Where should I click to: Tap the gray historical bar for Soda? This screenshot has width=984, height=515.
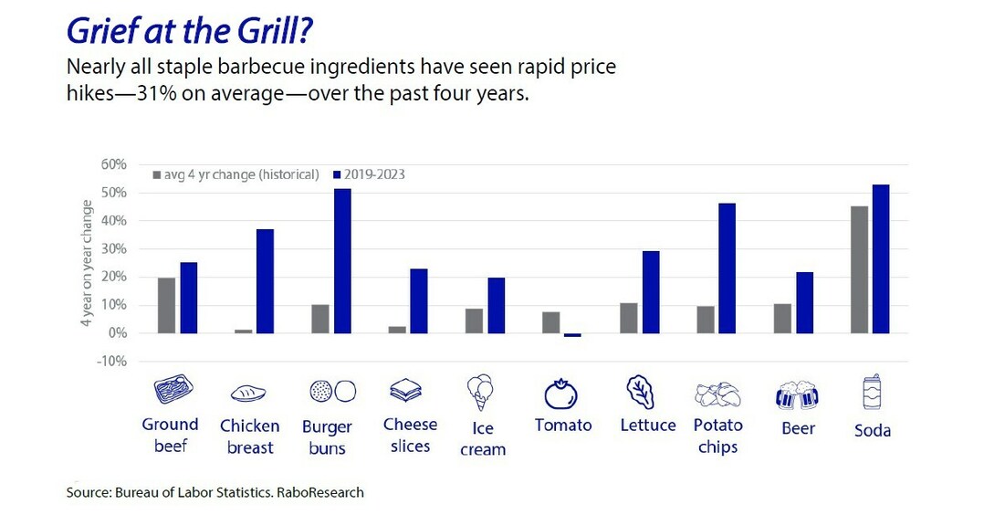click(x=859, y=269)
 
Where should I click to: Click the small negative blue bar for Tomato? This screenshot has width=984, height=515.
click(x=572, y=335)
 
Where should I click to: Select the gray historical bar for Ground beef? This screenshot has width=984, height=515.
click(x=167, y=305)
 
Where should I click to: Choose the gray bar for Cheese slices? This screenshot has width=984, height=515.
click(x=396, y=330)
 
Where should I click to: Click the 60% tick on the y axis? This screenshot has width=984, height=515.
click(x=114, y=164)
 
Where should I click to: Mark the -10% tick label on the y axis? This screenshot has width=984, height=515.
click(x=112, y=362)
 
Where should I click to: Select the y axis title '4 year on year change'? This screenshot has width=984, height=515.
click(x=88, y=262)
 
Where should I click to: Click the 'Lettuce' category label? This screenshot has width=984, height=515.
click(x=647, y=426)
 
